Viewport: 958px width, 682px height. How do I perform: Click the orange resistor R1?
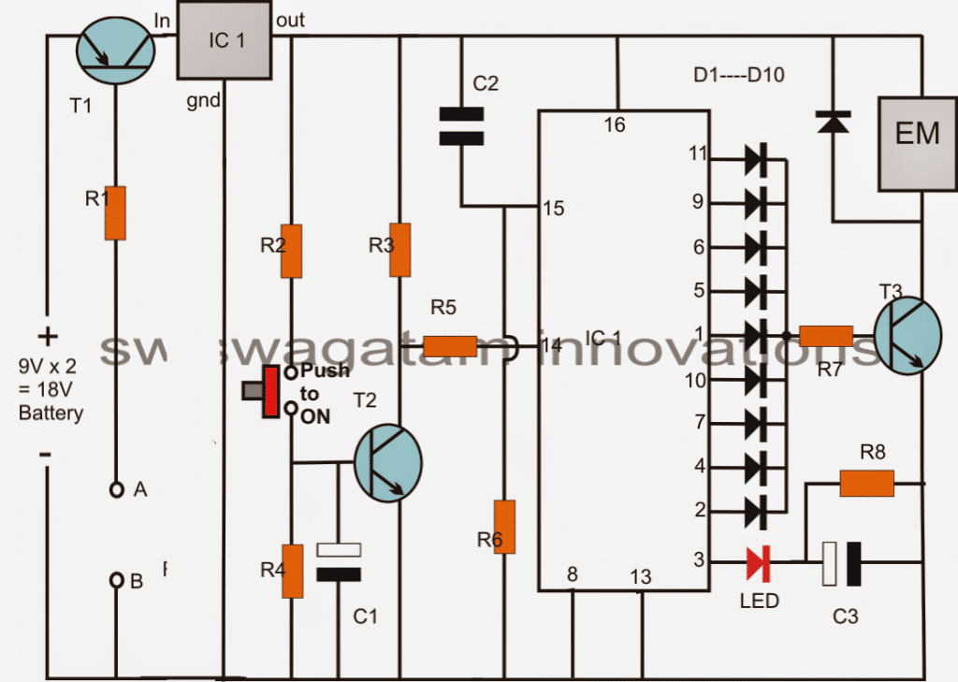tap(115, 212)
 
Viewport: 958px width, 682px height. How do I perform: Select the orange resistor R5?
tap(450, 346)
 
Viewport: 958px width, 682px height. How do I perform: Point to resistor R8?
tap(866, 483)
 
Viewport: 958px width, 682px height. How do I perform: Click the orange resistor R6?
tap(504, 527)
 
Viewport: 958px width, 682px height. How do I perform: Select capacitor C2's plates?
tap(461, 127)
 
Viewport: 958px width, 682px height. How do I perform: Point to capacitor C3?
tap(841, 563)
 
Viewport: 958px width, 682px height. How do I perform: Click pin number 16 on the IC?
tap(614, 124)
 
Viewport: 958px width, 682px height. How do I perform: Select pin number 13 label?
tap(640, 577)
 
